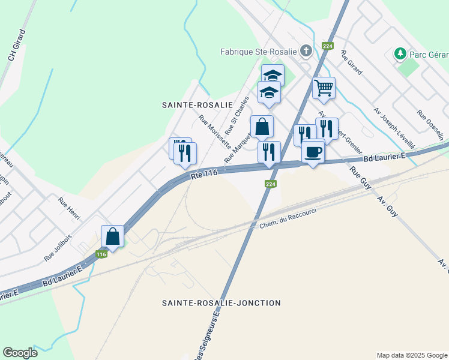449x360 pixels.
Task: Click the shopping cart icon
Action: [324, 88]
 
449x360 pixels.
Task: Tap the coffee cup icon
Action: [313, 152]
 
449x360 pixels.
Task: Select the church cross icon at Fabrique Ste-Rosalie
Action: [306, 51]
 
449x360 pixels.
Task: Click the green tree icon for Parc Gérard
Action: [400, 54]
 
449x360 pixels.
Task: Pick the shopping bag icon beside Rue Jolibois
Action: [112, 236]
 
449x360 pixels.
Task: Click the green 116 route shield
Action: [101, 254]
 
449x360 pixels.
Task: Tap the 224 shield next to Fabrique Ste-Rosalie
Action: [327, 46]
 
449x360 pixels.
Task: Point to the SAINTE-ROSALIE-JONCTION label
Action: [221, 303]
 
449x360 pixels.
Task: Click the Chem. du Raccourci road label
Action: [288, 218]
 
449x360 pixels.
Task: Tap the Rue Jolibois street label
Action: [58, 247]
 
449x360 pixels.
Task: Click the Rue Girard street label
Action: [351, 62]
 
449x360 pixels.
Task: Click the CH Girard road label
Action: [16, 44]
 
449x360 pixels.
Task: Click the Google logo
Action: [20, 353]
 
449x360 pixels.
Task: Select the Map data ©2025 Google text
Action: [411, 355]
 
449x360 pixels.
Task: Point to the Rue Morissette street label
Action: [214, 132]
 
